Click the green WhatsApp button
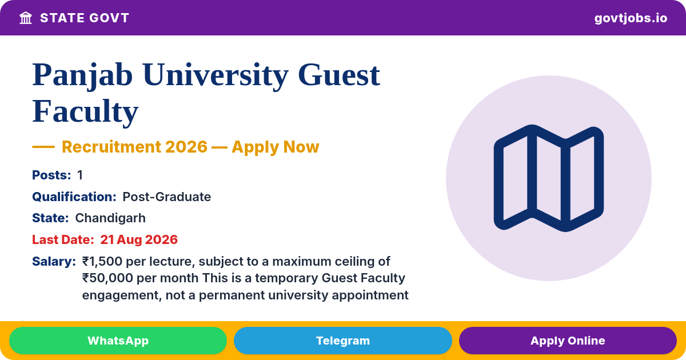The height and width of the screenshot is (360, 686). [118, 341]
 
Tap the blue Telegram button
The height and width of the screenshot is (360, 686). [342, 341]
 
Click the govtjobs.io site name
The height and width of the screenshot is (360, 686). [631, 18]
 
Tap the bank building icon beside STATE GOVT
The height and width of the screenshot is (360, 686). [26, 18]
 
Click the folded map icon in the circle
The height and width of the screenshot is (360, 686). [548, 178]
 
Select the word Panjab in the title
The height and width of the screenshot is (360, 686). [82, 75]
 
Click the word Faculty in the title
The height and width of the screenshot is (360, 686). [85, 111]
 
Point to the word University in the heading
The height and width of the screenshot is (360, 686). [216, 75]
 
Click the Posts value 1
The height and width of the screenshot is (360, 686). [80, 175]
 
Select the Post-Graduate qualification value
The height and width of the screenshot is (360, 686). [166, 197]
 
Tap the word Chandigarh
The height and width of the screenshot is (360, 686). [110, 218]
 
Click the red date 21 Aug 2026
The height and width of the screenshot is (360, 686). [139, 239]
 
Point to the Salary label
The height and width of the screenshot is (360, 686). [54, 262]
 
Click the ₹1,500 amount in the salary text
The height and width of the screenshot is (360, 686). [102, 262]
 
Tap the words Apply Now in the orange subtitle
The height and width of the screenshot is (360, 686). [276, 147]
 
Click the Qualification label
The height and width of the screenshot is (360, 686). [74, 197]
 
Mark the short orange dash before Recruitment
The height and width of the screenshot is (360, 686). [43, 147]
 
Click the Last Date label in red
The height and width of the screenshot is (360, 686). [63, 239]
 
